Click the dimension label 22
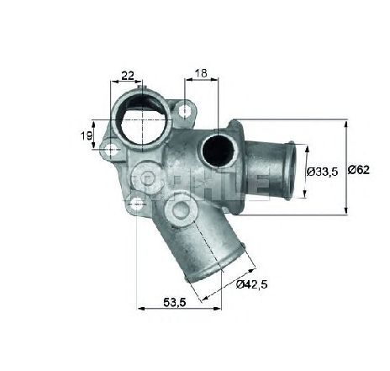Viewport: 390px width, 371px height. tap(128, 76)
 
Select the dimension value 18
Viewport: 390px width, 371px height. tap(203, 74)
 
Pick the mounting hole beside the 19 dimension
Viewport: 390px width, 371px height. tap(108, 150)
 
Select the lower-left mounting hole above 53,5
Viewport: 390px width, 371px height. tap(136, 202)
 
